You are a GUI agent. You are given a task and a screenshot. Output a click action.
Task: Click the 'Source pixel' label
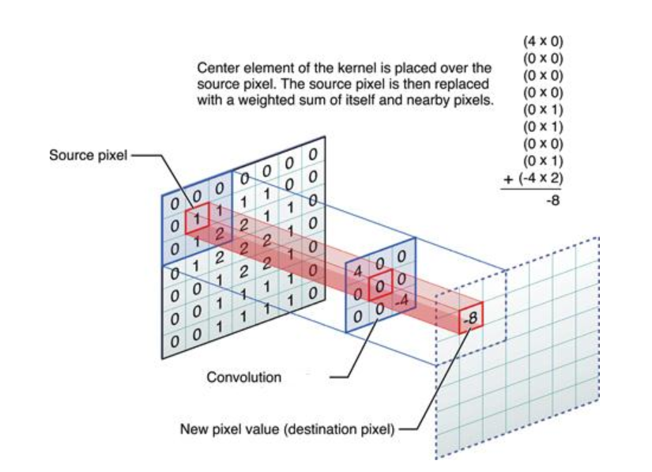point(87,155)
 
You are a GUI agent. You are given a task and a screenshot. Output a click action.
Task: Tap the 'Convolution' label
point(243,377)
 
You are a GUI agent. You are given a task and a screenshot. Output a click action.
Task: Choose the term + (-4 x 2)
point(534,177)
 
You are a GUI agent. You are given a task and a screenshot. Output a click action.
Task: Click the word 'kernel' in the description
point(347,69)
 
